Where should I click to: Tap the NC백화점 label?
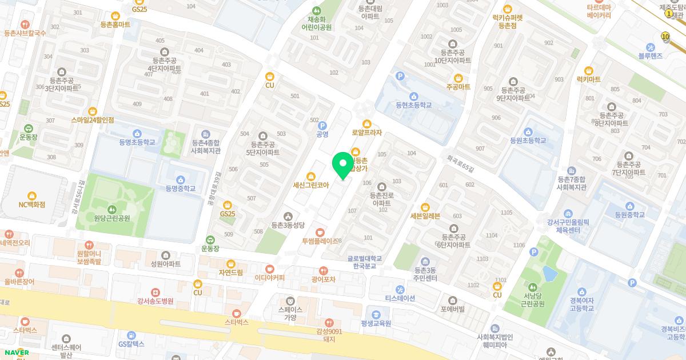coord(31,205)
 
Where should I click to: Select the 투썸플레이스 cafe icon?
coord(320,233)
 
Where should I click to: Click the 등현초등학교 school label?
coord(413,105)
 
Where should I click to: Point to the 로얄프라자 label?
coord(366,133)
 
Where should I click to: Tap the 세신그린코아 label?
coord(310,185)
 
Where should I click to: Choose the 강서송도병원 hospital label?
coord(155,301)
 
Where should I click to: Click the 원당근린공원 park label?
coord(112,218)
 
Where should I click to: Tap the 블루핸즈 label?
coord(650,55)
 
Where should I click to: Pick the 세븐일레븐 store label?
coord(425,216)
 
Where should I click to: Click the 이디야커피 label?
coord(269,278)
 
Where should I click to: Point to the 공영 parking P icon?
coord(322,126)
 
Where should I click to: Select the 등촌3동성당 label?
coord(288,225)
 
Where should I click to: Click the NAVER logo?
coord(15,353)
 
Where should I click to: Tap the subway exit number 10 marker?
coord(665,36)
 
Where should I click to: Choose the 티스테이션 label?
coord(400,298)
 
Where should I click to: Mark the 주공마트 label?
coord(458,87)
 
